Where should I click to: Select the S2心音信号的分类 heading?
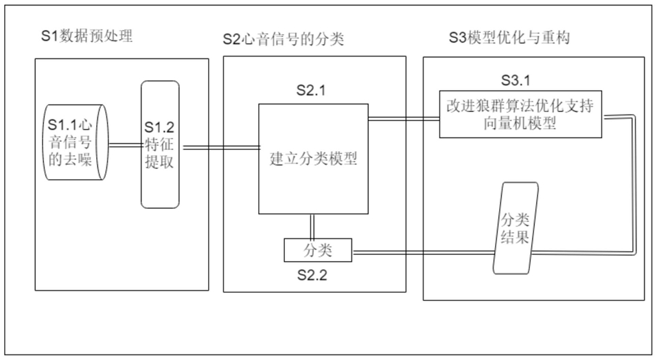(283, 39)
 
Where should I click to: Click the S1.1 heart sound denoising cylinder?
(71, 143)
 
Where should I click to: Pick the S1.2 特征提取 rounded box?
(160, 144)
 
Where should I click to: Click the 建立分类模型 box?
(313, 158)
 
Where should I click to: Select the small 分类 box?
(318, 250)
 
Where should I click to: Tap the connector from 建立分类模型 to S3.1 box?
(403, 119)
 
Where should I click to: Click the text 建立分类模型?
(313, 160)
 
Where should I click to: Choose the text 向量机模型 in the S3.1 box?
(520, 124)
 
